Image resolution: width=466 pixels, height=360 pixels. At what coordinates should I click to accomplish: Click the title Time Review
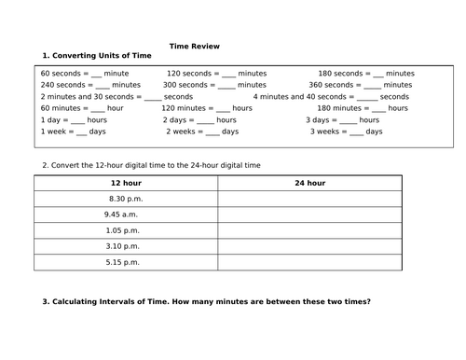[x=195, y=46]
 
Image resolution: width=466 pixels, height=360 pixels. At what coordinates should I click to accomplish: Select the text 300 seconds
[x=184, y=84]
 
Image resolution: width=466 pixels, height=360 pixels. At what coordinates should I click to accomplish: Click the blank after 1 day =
[x=77, y=120]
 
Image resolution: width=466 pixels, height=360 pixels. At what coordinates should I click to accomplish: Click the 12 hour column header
[x=126, y=183]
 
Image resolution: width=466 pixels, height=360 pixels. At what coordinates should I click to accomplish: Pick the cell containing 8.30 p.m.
[x=126, y=199]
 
